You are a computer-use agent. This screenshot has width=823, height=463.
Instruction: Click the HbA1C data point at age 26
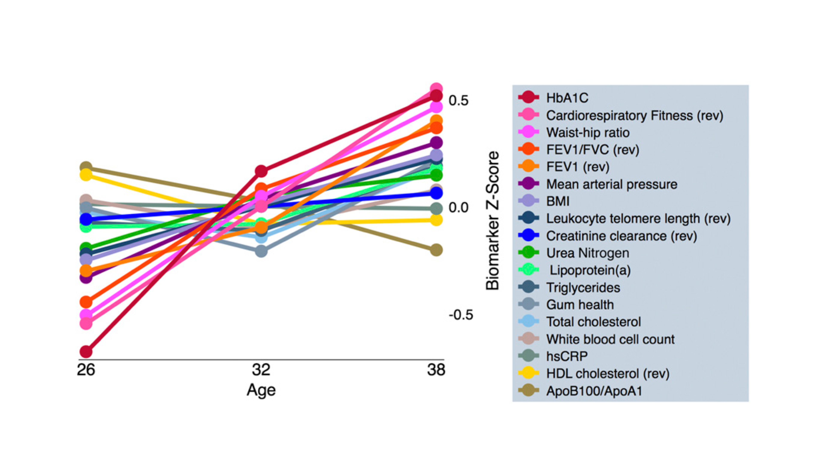pyautogui.click(x=86, y=352)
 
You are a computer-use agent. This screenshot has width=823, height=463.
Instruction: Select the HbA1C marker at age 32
pyautogui.click(x=261, y=171)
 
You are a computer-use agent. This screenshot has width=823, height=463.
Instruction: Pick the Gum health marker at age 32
pyautogui.click(x=261, y=251)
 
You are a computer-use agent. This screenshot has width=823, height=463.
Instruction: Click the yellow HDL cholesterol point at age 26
pyautogui.click(x=86, y=174)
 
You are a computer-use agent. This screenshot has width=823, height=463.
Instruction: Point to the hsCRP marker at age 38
pyautogui.click(x=436, y=209)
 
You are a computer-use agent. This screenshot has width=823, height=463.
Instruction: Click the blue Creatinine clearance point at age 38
pyautogui.click(x=436, y=193)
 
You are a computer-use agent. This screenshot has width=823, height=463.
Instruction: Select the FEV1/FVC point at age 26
pyautogui.click(x=86, y=301)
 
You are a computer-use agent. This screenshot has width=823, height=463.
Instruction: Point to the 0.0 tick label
pyautogui.click(x=458, y=208)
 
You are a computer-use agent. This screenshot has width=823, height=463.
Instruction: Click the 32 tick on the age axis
pyautogui.click(x=261, y=370)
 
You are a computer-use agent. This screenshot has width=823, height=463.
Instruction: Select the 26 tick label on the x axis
pyautogui.click(x=86, y=370)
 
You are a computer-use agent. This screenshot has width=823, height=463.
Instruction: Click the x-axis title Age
pyautogui.click(x=261, y=390)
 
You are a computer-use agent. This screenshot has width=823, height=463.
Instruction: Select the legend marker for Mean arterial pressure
pyautogui.click(x=529, y=184)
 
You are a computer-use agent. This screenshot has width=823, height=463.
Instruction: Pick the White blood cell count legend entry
pyautogui.click(x=610, y=339)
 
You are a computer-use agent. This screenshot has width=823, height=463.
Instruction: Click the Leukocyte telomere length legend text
pyautogui.click(x=638, y=219)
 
